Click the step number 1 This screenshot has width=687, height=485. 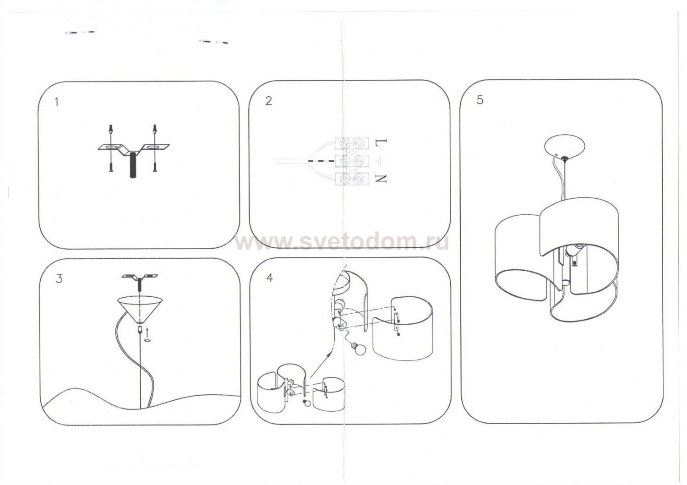coord(56,102)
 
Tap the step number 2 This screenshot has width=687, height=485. coord(268,101)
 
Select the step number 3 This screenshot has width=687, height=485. coord(59,279)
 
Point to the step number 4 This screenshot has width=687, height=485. coord(270,278)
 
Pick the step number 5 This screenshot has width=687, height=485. coord(480,100)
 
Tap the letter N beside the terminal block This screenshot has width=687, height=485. coord(381,179)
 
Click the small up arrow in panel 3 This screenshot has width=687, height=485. coord(147,332)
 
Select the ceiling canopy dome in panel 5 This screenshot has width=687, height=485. coord(564,148)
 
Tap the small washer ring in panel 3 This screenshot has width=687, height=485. coord(147,341)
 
